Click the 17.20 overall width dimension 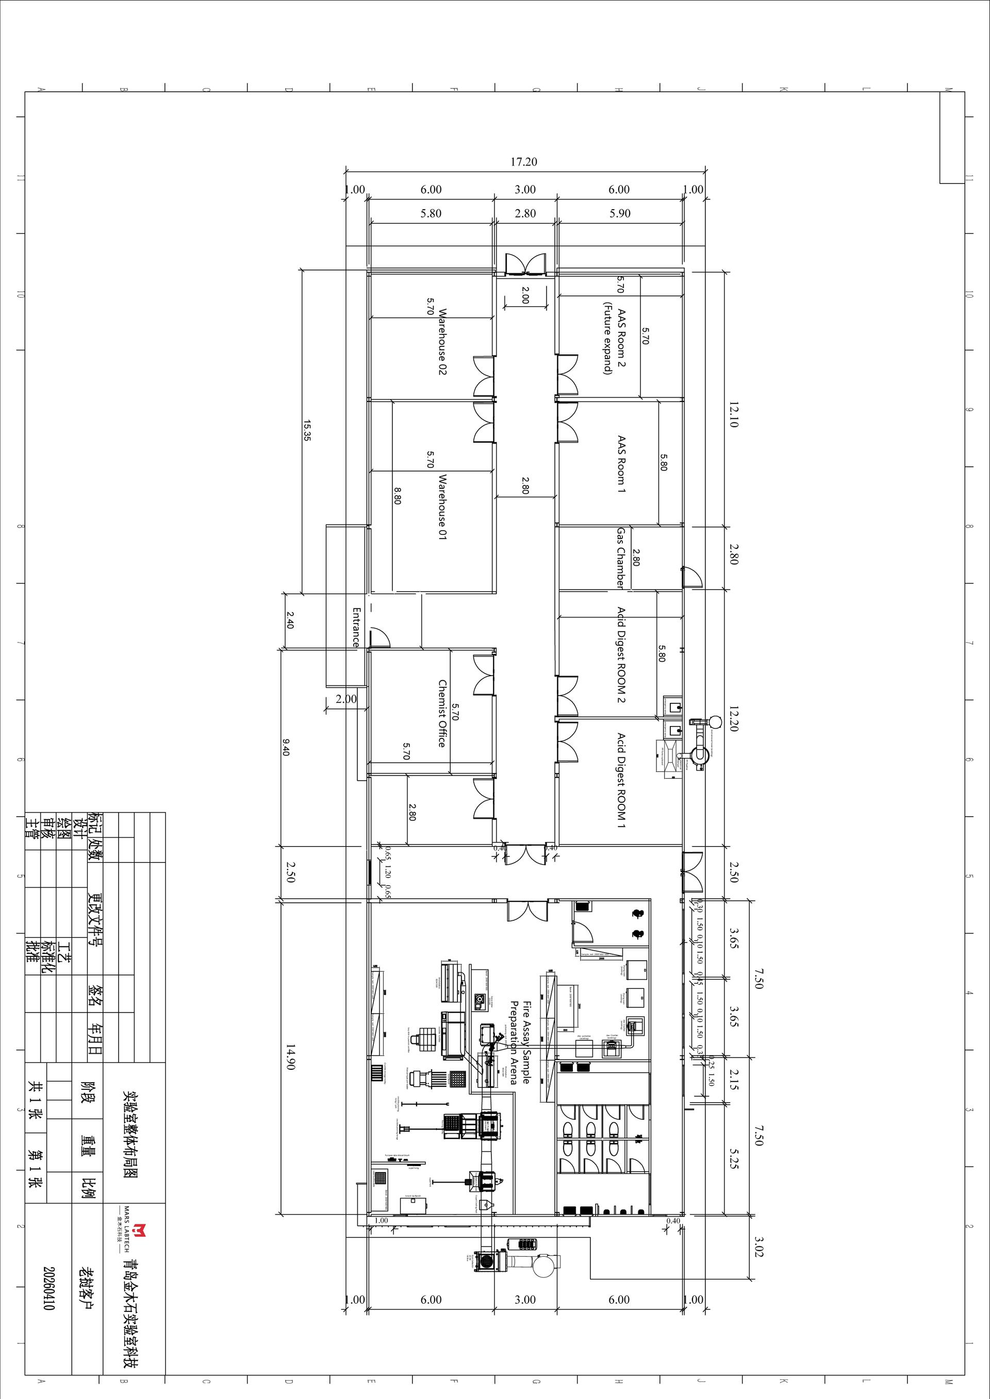pos(524,162)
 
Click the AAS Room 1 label pos(621,464)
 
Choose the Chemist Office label pos(442,714)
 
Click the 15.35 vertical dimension pos(307,431)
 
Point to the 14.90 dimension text pos(290,1058)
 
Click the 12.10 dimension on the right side pos(733,414)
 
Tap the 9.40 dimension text pos(285,747)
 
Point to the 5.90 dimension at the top pos(619,214)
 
